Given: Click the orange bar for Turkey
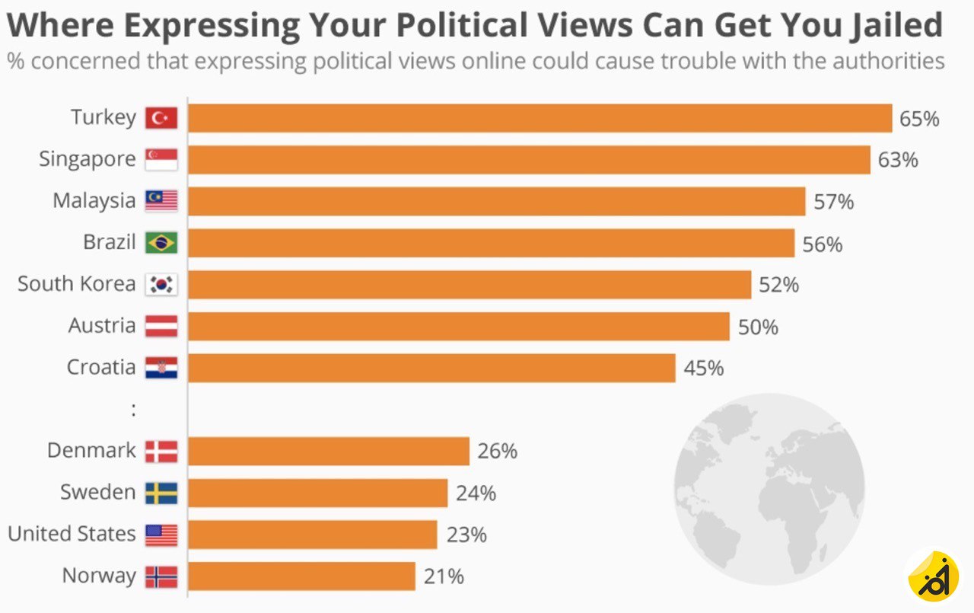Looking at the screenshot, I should point(540,119).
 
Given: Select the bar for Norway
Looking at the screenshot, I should point(301,576).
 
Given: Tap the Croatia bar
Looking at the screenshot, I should point(431,368).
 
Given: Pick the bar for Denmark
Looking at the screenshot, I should point(328,451).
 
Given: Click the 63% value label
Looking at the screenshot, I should point(899,161).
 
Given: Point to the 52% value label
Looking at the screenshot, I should point(779,285).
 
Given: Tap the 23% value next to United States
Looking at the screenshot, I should point(466,535).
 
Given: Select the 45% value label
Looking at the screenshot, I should point(704,369).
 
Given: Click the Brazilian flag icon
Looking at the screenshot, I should point(161,243).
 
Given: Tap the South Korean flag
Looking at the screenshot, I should point(161,285).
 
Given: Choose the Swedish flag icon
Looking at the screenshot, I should point(161,493).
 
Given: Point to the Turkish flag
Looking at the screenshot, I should point(161,118).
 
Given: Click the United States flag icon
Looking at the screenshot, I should point(161,535).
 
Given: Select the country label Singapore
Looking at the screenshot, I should point(87,160).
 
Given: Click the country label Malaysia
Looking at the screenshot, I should point(94,201).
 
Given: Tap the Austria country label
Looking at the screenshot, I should point(101,326).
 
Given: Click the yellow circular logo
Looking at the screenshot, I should point(933,576).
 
